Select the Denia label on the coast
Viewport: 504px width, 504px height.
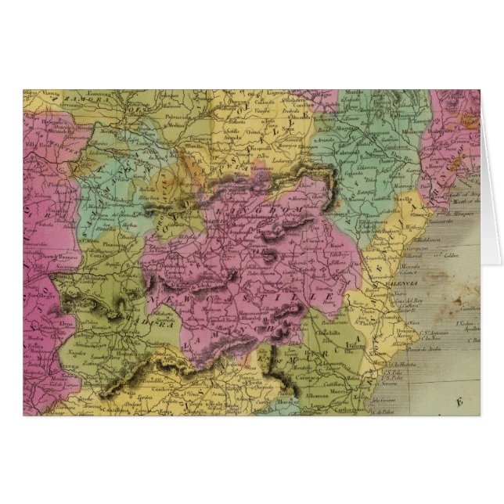click(419, 329)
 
